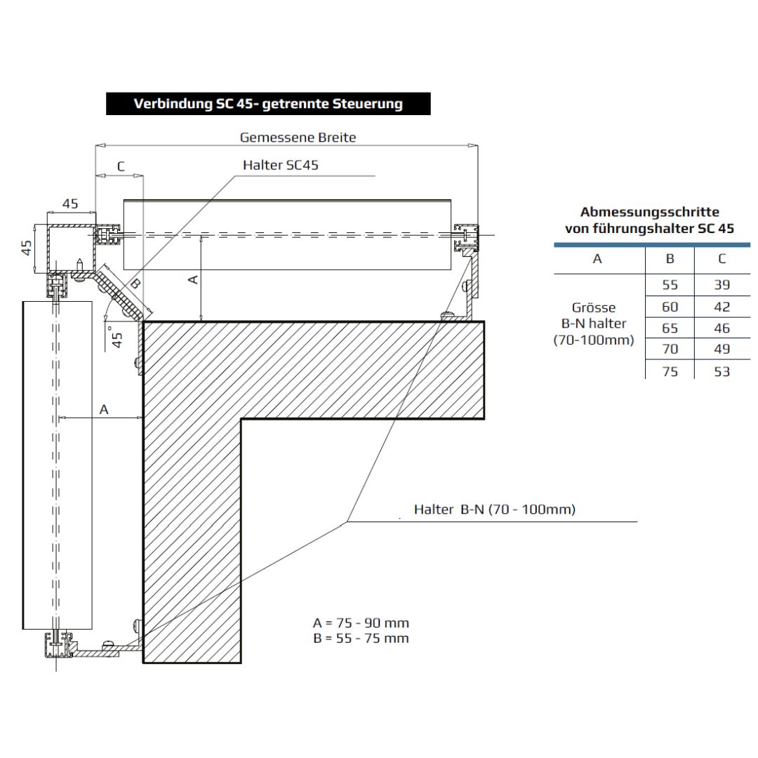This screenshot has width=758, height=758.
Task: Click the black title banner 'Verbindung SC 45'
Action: [x=268, y=104]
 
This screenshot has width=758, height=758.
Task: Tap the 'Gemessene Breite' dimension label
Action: [x=298, y=138]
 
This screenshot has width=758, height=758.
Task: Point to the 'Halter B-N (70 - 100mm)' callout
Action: [x=494, y=510]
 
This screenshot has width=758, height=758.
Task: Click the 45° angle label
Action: [x=117, y=335]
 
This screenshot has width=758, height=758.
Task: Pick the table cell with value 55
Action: [x=670, y=285]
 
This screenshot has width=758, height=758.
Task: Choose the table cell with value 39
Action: [x=722, y=285]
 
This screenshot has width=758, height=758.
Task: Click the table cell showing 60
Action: [x=670, y=307]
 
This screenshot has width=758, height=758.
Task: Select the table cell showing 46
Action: [x=722, y=328]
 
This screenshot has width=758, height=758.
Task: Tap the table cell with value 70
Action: [x=670, y=349]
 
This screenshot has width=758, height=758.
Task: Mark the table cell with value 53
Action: [x=722, y=371]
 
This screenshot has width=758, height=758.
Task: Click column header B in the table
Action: [x=670, y=259]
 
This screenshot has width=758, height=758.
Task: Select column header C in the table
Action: [x=722, y=259]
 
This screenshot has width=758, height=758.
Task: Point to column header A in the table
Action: [x=597, y=259]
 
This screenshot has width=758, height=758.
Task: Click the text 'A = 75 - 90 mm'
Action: [x=361, y=623]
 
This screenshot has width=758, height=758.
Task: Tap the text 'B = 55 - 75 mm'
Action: [x=361, y=638]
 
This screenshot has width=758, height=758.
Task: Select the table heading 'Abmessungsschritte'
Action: [x=649, y=212]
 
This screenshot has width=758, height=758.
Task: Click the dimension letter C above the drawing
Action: [x=121, y=166]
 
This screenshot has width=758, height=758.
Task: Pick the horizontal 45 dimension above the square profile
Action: [x=70, y=204]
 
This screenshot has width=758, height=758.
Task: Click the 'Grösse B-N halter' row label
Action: [x=593, y=324]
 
